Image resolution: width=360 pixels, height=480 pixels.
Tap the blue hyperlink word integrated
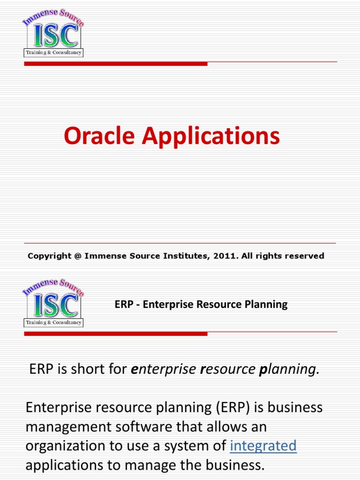263,446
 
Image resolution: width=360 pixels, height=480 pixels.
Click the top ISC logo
53,35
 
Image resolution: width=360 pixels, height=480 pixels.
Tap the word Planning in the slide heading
266,305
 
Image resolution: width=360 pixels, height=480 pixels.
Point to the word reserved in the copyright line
305,256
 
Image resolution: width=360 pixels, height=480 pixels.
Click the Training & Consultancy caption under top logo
53,52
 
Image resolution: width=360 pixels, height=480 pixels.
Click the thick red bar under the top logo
115,64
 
